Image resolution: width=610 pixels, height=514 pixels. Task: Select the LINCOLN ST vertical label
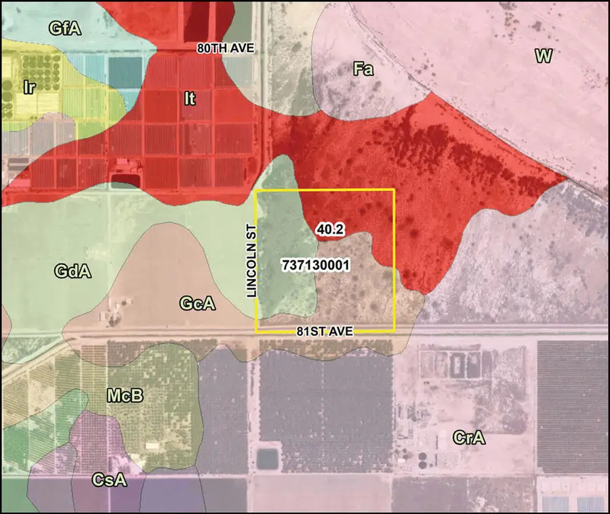pyautogui.click(x=250, y=261)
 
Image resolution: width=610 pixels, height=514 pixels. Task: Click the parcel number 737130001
pyautogui.click(x=315, y=266)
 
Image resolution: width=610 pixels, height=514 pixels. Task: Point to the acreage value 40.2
pyautogui.click(x=331, y=230)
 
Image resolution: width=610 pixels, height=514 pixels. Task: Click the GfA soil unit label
pyautogui.click(x=66, y=28)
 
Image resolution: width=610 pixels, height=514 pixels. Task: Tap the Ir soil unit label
pyautogui.click(x=28, y=88)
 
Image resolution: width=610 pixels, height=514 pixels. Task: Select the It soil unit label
pyautogui.click(x=190, y=99)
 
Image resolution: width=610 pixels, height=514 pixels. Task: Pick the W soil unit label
pyautogui.click(x=543, y=57)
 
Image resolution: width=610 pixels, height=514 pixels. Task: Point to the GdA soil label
pyautogui.click(x=73, y=272)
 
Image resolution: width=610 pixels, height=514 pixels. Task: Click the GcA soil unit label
pyautogui.click(x=198, y=303)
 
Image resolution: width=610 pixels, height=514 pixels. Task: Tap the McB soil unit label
pyautogui.click(x=125, y=395)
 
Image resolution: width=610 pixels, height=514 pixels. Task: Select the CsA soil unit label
pyautogui.click(x=109, y=480)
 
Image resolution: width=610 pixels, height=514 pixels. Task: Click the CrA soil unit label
pyautogui.click(x=469, y=437)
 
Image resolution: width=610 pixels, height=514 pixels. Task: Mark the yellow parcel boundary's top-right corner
pyautogui.click(x=394, y=190)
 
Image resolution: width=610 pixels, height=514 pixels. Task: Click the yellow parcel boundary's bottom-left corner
pyautogui.click(x=256, y=332)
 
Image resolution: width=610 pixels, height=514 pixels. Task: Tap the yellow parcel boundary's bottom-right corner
pyautogui.click(x=394, y=332)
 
